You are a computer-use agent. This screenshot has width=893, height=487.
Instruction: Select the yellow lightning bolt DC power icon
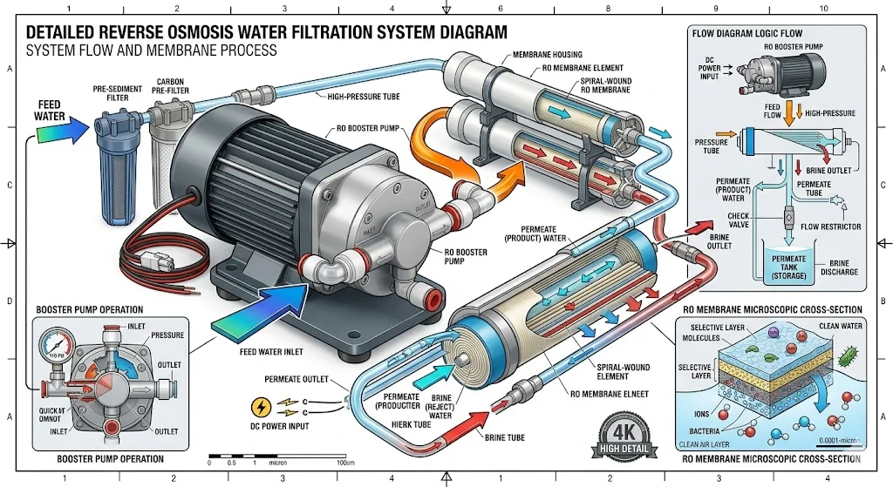point(260,407)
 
